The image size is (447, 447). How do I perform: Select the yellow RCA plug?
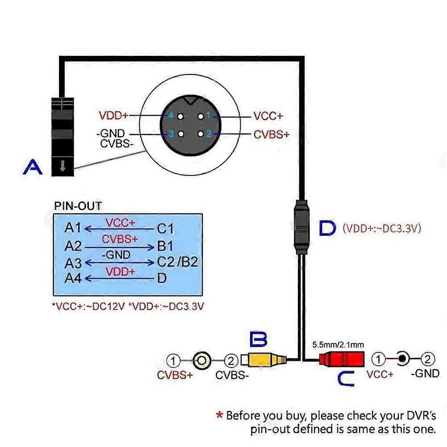coord(266,359)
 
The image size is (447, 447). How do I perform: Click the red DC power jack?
coord(342,359)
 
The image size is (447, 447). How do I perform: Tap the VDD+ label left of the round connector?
coord(113,116)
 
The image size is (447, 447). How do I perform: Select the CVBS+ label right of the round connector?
coord(272,134)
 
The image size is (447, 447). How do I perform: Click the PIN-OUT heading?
coord(78,206)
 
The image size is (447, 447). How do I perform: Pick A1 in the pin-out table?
coord(73,228)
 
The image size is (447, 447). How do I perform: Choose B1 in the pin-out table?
coord(165,246)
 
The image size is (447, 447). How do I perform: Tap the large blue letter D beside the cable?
coord(328,229)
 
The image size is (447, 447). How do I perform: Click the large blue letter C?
coord(345,379)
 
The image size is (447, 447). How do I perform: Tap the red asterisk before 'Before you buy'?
coord(219,416)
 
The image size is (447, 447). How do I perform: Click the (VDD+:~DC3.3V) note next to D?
coord(382,229)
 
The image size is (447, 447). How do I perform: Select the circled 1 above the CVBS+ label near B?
coord(174,360)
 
